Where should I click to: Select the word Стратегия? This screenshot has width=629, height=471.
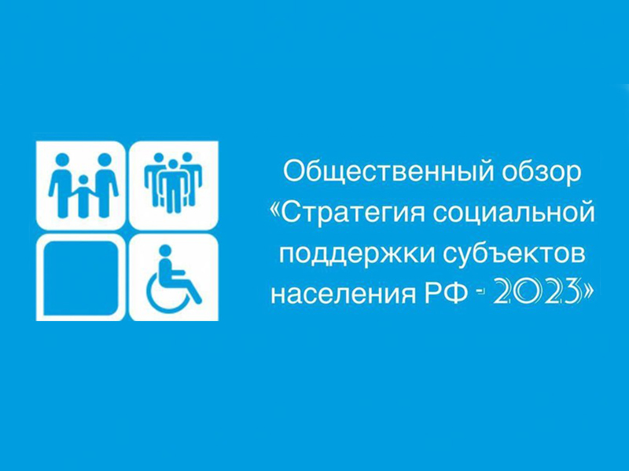point(352,213)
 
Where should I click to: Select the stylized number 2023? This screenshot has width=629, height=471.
point(537,294)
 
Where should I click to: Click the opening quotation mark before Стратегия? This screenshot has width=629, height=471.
point(275,213)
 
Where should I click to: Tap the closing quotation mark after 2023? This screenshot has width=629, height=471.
point(587,291)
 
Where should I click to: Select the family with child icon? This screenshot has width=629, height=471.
point(83,185)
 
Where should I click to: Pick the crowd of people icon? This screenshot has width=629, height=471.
point(173,182)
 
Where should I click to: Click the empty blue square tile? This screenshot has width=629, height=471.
point(81,278)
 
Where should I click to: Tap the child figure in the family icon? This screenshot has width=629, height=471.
point(83,196)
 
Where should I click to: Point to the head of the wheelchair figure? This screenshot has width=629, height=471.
point(165,251)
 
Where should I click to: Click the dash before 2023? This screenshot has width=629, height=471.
point(481,294)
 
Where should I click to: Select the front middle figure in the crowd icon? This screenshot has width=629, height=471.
point(173,186)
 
